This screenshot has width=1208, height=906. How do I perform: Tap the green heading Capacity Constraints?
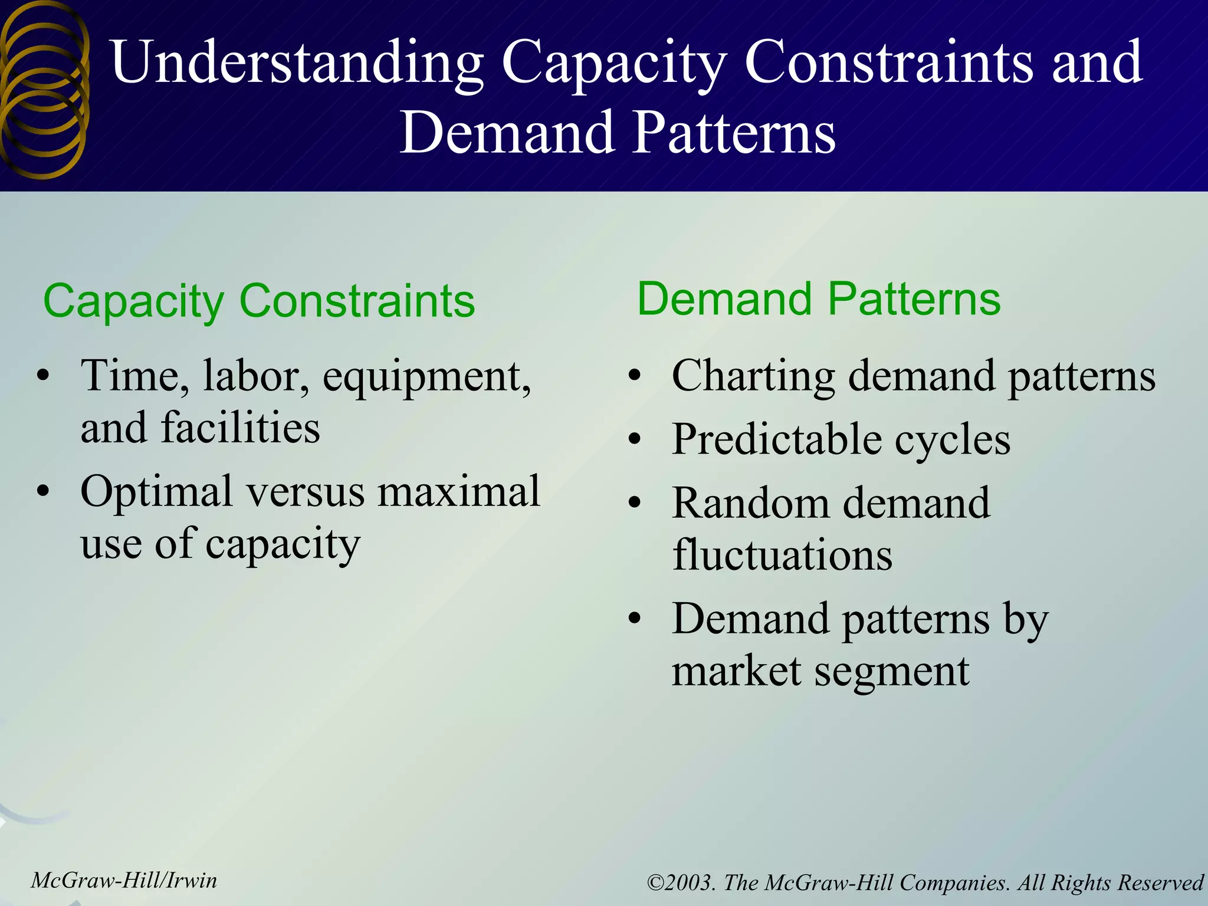click(x=259, y=301)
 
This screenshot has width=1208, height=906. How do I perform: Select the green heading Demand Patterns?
click(x=819, y=299)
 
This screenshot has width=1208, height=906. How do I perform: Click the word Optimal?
click(x=156, y=491)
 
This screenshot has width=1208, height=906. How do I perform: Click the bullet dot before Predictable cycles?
click(x=634, y=439)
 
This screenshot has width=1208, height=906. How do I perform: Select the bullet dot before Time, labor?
click(x=42, y=376)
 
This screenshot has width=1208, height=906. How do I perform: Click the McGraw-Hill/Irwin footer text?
click(x=124, y=881)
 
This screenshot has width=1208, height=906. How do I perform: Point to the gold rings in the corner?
click(x=44, y=88)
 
